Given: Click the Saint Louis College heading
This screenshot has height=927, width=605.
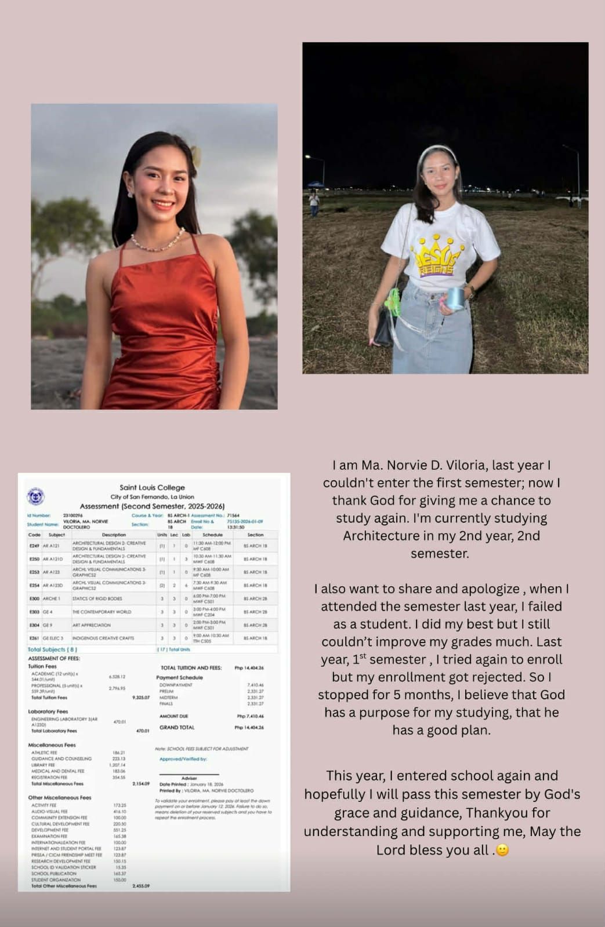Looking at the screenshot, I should (152, 488).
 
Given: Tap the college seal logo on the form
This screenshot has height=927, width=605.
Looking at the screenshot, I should (36, 497).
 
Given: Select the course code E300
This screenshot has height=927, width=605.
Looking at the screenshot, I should (34, 598).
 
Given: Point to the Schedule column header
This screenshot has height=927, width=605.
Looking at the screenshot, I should (212, 535).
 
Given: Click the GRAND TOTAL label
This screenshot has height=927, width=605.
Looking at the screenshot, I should (177, 727).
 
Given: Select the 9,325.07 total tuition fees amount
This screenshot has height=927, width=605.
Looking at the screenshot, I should (141, 698).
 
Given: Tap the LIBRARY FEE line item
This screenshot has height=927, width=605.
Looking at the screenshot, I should (44, 765).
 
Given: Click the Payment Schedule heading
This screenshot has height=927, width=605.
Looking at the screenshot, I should (179, 677).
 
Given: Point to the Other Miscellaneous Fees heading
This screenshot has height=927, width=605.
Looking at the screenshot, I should (60, 798).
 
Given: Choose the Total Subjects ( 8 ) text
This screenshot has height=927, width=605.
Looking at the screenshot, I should (52, 649).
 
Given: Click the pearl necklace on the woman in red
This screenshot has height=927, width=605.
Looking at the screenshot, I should (157, 243).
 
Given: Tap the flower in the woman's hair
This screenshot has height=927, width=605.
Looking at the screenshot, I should (196, 155).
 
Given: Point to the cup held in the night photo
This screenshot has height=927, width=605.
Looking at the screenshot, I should (455, 298).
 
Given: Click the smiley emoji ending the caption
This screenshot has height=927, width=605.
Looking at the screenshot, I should (502, 850).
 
